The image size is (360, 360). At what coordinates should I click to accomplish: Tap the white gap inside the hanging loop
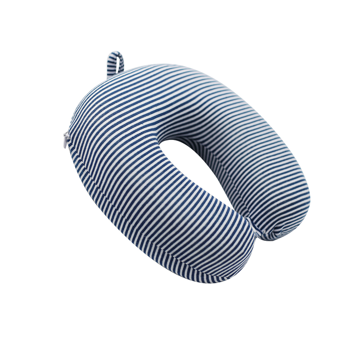(116, 64)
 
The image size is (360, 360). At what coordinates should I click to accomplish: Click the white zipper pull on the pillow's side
(66, 140)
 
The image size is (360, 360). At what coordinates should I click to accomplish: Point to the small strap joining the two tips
(257, 232)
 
